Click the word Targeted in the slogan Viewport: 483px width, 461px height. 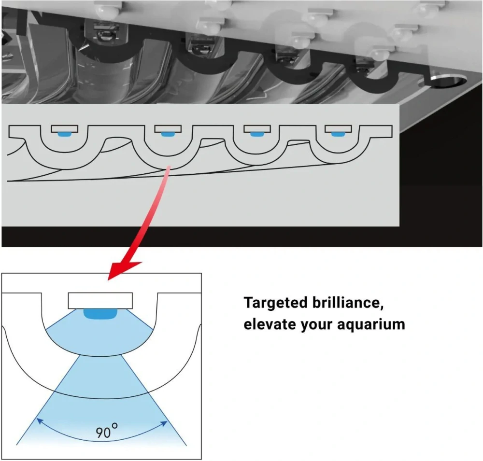(x=275, y=303)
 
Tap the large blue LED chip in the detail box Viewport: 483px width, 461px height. (x=100, y=314)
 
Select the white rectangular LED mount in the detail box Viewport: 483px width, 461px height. (x=100, y=300)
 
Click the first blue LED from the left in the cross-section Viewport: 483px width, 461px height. (x=64, y=134)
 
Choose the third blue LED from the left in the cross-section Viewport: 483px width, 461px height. (x=257, y=134)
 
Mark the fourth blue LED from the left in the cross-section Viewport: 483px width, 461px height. (x=338, y=134)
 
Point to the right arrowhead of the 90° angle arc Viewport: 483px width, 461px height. (x=164, y=424)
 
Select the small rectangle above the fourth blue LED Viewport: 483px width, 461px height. (x=338, y=129)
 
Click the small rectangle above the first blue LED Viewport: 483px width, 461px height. (x=64, y=129)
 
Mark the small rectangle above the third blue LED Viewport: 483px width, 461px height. (x=257, y=129)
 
